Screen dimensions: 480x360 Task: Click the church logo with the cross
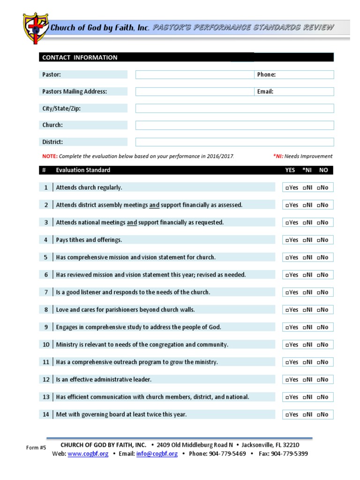[36, 28]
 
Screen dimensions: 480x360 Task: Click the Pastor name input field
[194, 75]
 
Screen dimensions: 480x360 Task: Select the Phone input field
[305, 75]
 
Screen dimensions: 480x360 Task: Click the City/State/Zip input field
[234, 108]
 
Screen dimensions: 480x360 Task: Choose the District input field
[234, 142]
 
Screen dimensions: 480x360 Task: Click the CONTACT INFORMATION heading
[80, 58]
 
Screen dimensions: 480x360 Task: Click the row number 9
[46, 327]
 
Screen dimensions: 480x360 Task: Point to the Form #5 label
[36, 448]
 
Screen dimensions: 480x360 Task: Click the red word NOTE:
[50, 157]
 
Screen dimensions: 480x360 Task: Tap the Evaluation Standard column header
[83, 170]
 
